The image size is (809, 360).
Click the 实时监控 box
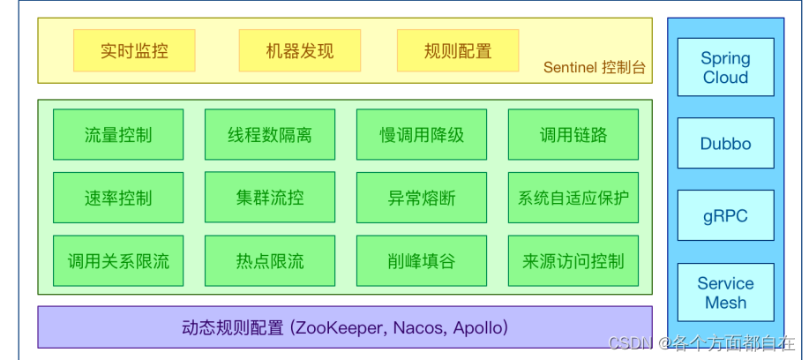pyautogui.click(x=134, y=51)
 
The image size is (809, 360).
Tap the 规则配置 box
pyautogui.click(x=458, y=51)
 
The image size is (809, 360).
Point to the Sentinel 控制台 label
pyautogui.click(x=594, y=68)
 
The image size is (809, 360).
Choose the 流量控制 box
pyautogui.click(x=118, y=135)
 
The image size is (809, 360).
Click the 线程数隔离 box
pyautogui.click(x=270, y=135)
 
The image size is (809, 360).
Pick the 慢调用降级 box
pyautogui.click(x=422, y=135)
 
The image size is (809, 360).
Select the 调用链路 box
pyautogui.click(x=573, y=135)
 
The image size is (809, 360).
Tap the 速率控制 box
pyautogui.click(x=118, y=198)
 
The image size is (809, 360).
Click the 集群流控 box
pyautogui.click(x=270, y=198)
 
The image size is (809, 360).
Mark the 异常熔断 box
pyautogui.click(x=422, y=198)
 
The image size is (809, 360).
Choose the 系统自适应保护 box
pyautogui.click(x=573, y=198)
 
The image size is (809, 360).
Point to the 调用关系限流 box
pyautogui.click(x=118, y=261)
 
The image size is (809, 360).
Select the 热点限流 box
pyautogui.click(x=270, y=261)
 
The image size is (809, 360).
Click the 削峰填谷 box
pyautogui.click(x=422, y=261)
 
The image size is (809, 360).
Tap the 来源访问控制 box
pyautogui.click(x=573, y=261)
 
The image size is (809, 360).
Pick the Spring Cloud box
pyautogui.click(x=725, y=67)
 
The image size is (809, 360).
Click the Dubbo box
pyautogui.click(x=725, y=143)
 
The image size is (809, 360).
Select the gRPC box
pyautogui.click(x=725, y=215)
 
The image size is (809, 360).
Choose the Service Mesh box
pyautogui.click(x=725, y=293)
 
